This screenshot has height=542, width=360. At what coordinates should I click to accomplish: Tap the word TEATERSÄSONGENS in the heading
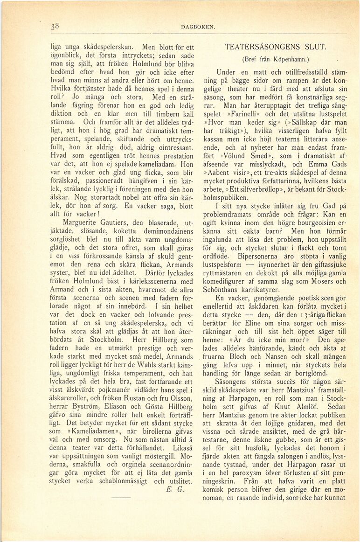(264, 48)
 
